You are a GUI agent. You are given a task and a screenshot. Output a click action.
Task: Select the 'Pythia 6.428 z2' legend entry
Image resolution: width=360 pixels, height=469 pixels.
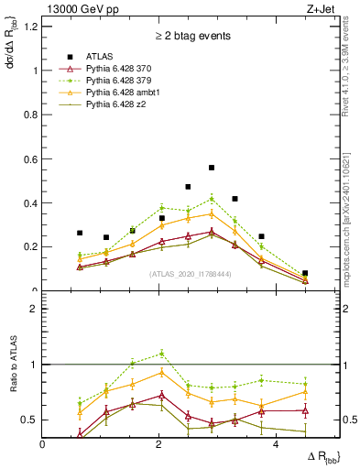(x=118, y=105)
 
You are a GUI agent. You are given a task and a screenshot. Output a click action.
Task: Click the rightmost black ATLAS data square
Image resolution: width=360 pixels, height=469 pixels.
(x=305, y=273)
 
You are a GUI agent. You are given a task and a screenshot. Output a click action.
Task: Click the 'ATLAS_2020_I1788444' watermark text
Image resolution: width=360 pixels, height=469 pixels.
(x=189, y=273)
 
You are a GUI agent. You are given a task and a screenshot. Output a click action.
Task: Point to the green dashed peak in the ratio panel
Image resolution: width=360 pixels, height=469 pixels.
(x=162, y=353)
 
